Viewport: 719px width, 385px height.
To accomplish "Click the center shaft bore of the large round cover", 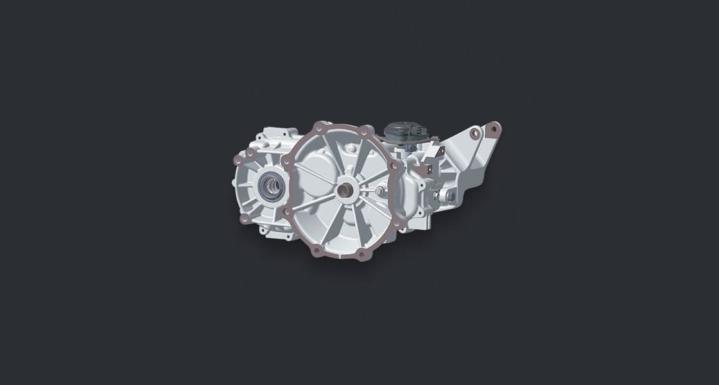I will point(347,191).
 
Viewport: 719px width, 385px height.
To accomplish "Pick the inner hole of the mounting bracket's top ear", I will point(474,133).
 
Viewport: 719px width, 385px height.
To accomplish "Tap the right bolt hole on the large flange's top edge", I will point(365,131).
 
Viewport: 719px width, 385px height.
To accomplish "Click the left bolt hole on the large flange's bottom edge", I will point(316,250).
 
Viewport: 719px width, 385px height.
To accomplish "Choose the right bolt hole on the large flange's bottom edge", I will point(361,255).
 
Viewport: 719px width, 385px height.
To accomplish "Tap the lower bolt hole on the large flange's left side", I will point(285,210).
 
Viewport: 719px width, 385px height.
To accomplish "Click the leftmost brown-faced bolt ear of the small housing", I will point(238,158).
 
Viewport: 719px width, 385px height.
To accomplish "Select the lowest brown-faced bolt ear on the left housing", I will point(245,218).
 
